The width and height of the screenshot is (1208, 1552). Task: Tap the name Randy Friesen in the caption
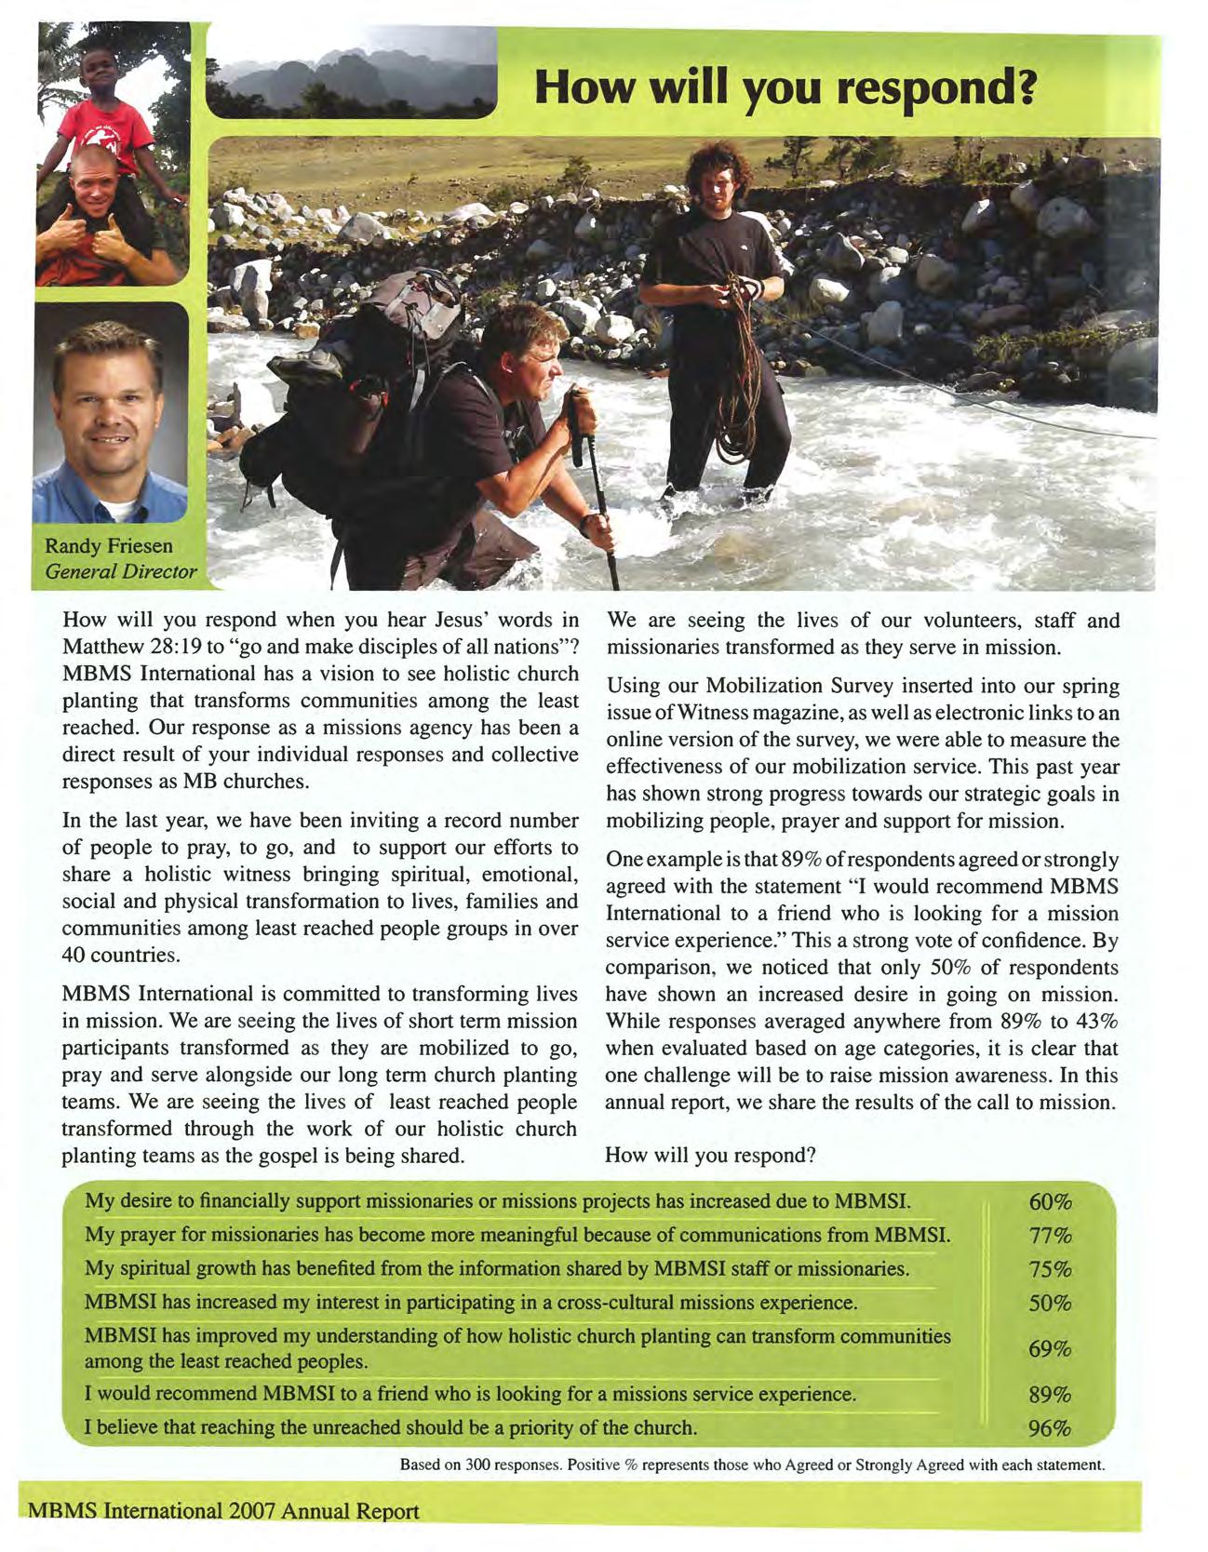(x=109, y=545)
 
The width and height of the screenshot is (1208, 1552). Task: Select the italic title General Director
(x=121, y=570)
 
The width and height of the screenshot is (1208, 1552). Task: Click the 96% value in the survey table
(x=1050, y=1428)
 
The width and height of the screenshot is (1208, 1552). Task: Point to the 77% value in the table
(x=1051, y=1236)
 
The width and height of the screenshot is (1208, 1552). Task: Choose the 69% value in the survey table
(x=1050, y=1348)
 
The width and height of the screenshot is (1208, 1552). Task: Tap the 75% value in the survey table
(x=1051, y=1270)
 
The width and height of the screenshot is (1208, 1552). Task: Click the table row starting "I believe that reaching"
(x=391, y=1427)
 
